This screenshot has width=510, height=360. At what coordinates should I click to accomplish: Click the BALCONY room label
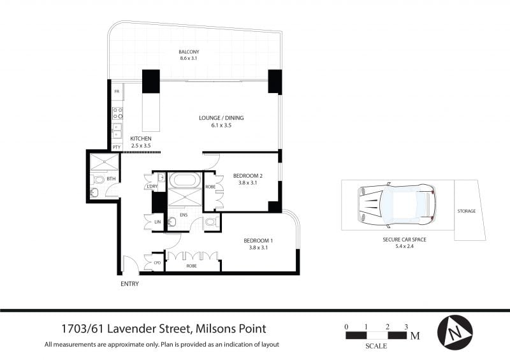coord(189,52)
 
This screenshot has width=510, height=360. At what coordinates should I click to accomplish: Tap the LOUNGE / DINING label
coord(221,118)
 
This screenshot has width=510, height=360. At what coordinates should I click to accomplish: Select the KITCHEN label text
coord(141,139)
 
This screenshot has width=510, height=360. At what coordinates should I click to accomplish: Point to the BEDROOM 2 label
coord(248,176)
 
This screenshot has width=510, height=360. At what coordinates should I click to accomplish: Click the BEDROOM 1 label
coord(258,241)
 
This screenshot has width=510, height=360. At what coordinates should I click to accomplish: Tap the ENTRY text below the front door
coord(130,284)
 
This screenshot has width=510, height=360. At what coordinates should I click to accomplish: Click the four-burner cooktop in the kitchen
coord(117,113)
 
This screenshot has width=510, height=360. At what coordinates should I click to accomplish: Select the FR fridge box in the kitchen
coord(117,92)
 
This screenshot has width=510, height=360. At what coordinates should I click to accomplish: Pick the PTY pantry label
coord(117,147)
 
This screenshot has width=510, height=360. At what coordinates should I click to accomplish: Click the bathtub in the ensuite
coord(185,180)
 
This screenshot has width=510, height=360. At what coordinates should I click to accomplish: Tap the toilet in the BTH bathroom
coord(98,180)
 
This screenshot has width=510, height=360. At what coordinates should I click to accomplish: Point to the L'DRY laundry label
coord(152,186)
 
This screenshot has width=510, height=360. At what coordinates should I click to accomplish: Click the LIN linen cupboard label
coord(157,222)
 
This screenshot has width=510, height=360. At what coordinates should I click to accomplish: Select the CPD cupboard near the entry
coord(157,263)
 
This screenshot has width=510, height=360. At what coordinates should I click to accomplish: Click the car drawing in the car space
coord(397,206)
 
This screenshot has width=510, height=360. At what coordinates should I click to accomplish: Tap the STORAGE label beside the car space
coord(467,211)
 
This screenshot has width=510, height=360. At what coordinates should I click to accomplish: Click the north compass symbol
coord(455,333)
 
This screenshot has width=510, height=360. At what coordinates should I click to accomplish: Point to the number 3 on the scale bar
coord(406,327)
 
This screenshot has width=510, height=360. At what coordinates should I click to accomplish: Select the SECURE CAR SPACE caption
coord(404,240)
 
